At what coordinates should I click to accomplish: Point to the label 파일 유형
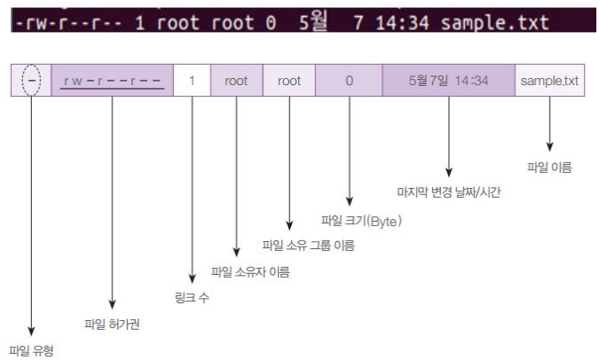pos(31,350)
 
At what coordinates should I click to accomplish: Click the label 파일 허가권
pos(112,324)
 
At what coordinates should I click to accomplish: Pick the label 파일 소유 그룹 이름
pos(309,246)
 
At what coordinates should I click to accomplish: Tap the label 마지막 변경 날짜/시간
pos(448,192)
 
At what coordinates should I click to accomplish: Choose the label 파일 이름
pos(549,166)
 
